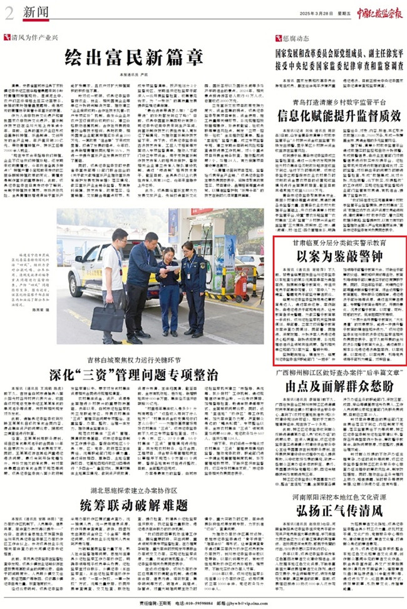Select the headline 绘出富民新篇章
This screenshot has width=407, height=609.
click(x=135, y=58)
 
